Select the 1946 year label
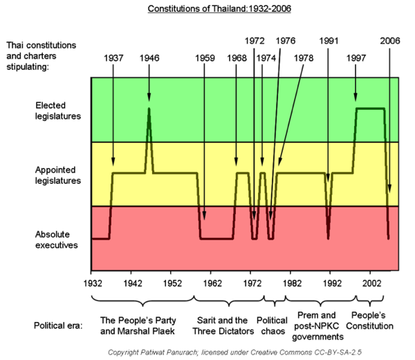coord(149,58)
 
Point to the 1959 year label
coord(205,58)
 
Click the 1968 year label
coord(237,58)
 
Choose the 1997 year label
coord(356,58)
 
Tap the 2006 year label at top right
coord(389,40)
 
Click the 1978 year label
coord(303,58)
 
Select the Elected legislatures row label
coord(58,111)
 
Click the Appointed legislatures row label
coord(58,176)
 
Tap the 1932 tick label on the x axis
coord(91,283)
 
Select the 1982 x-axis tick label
coord(292,283)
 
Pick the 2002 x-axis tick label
coord(371,283)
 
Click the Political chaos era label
coord(272,325)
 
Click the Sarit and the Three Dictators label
coord(221,325)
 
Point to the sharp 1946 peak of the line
coord(149,109)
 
